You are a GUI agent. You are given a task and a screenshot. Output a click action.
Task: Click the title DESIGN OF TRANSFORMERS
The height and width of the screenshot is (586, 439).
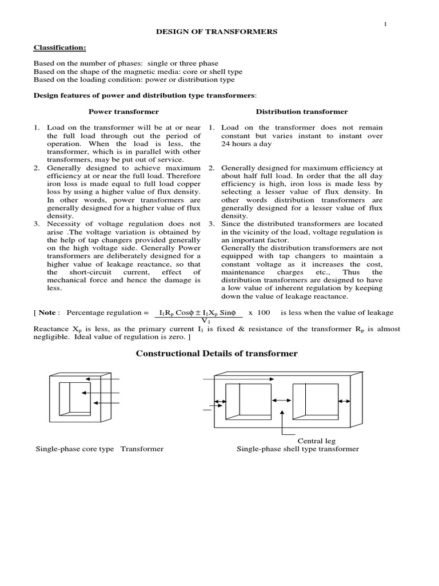coord(217,32)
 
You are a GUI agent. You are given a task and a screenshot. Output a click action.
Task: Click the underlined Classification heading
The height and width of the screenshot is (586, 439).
coord(56,48)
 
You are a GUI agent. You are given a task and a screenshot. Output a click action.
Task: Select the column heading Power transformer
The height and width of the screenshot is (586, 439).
coord(123,112)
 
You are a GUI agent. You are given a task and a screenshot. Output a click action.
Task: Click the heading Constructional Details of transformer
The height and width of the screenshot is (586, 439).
coord(217,354)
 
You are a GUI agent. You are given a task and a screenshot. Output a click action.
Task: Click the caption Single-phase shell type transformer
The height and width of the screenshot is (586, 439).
coord(298,449)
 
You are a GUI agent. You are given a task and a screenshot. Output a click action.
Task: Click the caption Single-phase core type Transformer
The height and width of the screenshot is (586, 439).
coord(99,449)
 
